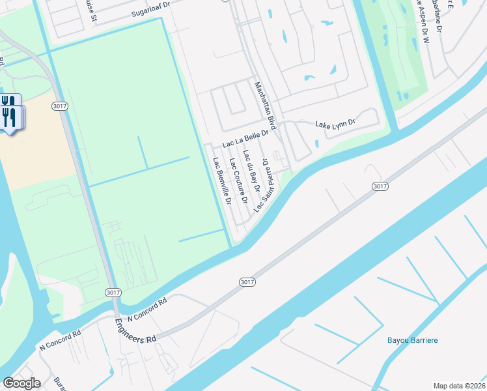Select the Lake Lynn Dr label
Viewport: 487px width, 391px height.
pos(335,123)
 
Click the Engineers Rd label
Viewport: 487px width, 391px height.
pos(136,330)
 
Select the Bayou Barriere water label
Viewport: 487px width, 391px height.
pos(412,340)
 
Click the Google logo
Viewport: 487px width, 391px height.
pos(21,383)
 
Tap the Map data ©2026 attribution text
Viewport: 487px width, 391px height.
pos(459,385)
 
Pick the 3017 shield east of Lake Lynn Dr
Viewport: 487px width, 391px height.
pos(380,186)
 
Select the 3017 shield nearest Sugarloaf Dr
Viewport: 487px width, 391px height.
pos(59,104)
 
